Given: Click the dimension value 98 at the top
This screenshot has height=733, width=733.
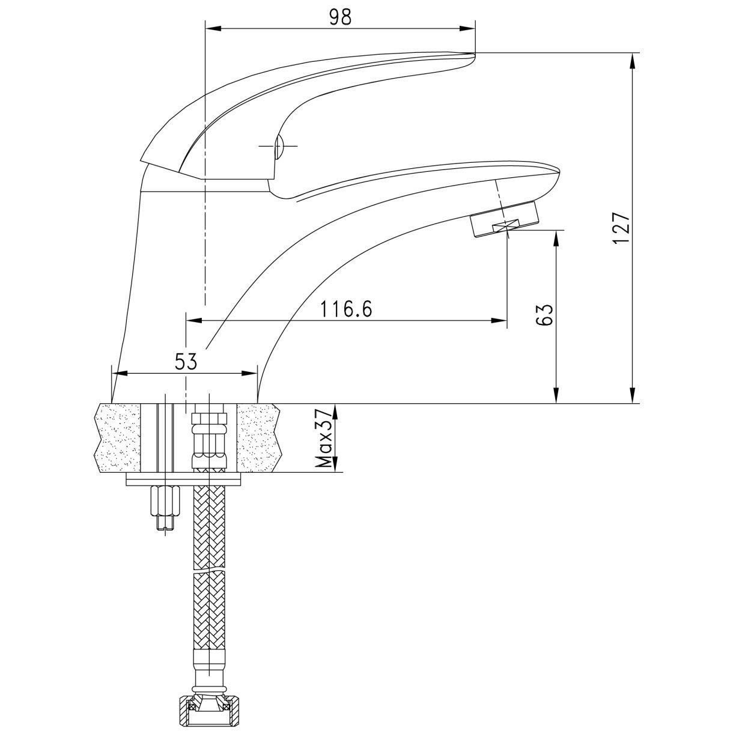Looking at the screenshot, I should [x=340, y=17].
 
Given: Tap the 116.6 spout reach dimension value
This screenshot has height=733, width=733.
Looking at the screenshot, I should [x=346, y=309].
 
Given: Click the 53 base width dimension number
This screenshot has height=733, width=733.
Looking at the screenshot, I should [x=186, y=362].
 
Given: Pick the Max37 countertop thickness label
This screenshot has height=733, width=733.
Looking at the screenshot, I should [x=325, y=438].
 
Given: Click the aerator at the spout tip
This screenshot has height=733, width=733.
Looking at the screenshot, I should [x=506, y=219].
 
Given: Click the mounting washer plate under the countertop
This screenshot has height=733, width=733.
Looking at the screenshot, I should [x=184, y=479].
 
